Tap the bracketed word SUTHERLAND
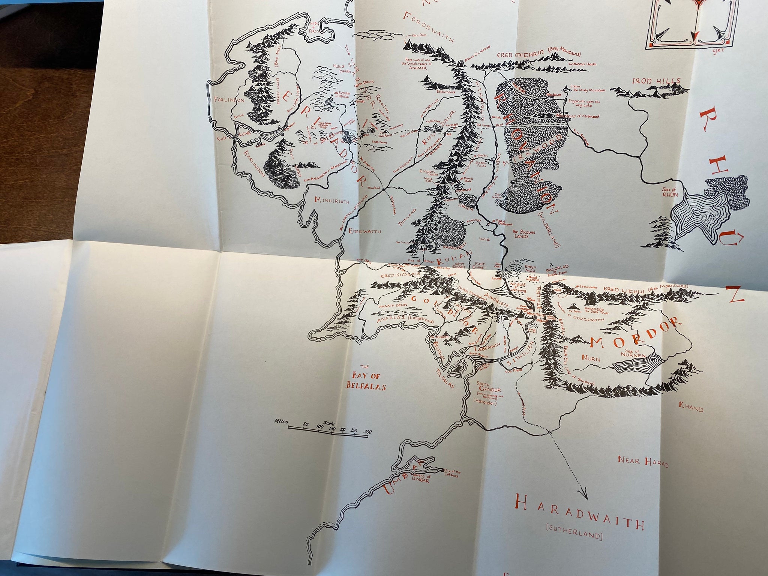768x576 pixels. coord(571,535)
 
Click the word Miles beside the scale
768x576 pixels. coord(280,422)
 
